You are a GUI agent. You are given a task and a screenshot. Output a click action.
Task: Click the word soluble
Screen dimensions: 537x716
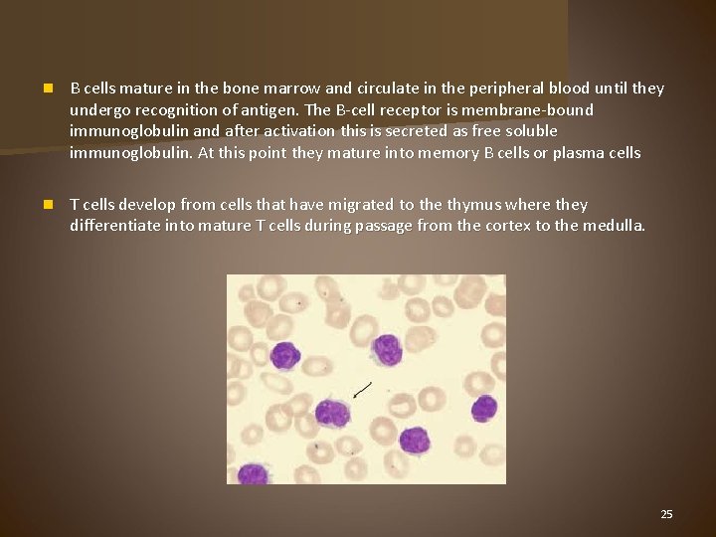point(531,131)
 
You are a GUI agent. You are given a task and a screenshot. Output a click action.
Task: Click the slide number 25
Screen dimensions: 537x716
point(666,514)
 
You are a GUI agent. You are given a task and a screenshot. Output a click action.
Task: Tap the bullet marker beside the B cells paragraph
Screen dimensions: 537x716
point(48,89)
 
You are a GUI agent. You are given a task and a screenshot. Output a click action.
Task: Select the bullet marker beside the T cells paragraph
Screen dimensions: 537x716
point(48,205)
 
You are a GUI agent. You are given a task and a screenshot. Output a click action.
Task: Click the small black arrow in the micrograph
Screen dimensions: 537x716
point(362,389)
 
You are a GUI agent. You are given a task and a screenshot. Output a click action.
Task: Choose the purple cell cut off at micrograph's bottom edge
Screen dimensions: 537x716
point(253,474)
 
